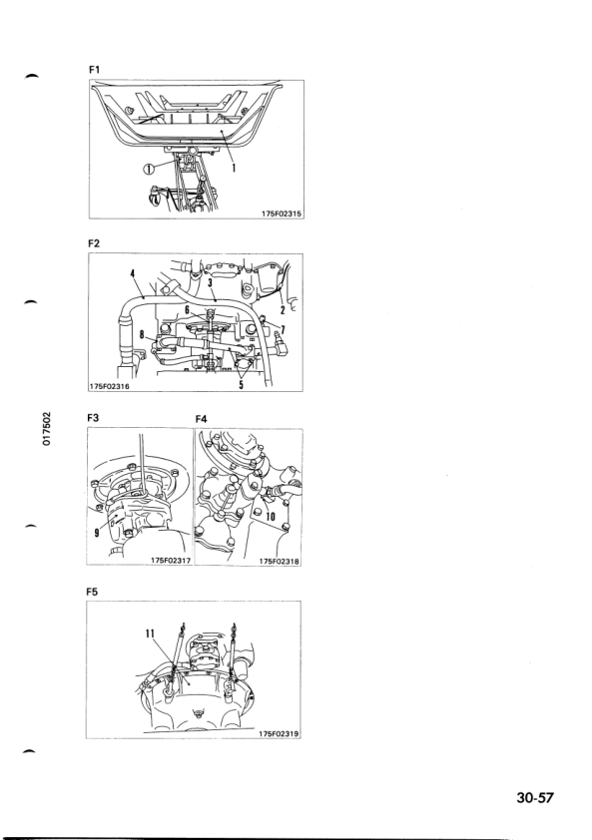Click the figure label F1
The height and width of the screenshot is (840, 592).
pyautogui.click(x=94, y=70)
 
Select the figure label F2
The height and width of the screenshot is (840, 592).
pyautogui.click(x=94, y=243)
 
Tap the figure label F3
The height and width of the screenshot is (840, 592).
pyautogui.click(x=93, y=418)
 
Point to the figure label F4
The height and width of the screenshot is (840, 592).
pyautogui.click(x=201, y=419)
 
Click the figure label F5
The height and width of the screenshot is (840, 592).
pyautogui.click(x=92, y=593)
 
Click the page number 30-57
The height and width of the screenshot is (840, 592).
pyautogui.click(x=535, y=798)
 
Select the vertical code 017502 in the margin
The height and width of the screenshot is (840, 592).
pyautogui.click(x=47, y=429)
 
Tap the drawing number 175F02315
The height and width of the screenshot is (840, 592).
pyautogui.click(x=282, y=213)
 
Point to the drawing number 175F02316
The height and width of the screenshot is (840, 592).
pyautogui.click(x=110, y=386)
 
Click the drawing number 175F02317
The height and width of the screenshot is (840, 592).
pyautogui.click(x=171, y=561)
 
